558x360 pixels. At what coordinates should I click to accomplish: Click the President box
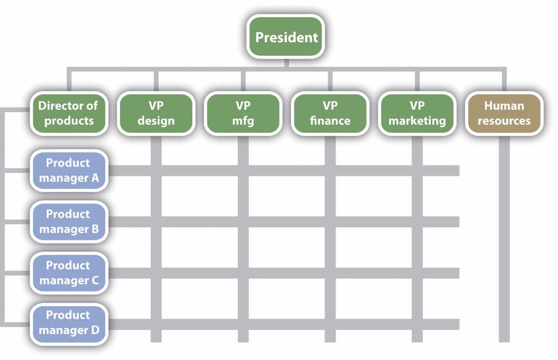click(286, 37)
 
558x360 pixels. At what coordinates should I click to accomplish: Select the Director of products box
click(69, 113)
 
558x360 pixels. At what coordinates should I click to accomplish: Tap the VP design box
click(156, 113)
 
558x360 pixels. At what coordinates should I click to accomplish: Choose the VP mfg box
click(243, 113)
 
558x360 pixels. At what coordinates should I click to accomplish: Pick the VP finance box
click(330, 113)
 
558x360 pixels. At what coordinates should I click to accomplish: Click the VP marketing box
click(417, 113)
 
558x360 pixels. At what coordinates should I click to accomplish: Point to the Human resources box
click(504, 113)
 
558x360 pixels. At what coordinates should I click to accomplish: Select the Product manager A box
click(69, 170)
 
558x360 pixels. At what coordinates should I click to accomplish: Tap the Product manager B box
click(69, 222)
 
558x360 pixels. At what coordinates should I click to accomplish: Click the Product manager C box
click(69, 273)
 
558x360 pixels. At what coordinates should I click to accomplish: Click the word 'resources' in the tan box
click(504, 121)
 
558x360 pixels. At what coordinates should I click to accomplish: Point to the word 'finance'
click(330, 121)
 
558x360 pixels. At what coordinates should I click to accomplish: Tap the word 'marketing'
click(417, 121)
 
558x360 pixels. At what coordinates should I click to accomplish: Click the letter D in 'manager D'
click(95, 330)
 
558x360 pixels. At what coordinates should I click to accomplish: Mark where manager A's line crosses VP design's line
click(156, 170)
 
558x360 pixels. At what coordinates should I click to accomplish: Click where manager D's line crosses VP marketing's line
click(417, 324)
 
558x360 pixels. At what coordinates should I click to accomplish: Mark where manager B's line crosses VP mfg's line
click(243, 222)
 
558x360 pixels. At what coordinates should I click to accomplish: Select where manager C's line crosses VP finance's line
click(330, 273)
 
